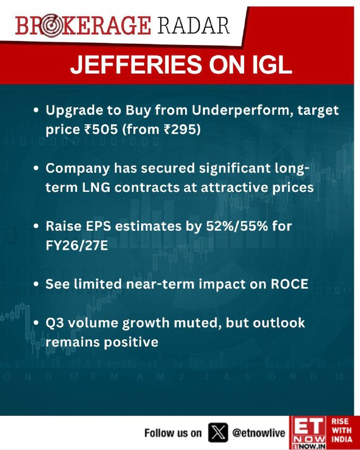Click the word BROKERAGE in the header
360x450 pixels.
[x=83, y=26]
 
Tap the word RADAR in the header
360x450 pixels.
[x=193, y=26]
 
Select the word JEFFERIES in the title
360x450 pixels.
[x=136, y=64]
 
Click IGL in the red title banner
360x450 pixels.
[x=272, y=64]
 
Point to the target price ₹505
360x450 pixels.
[x=101, y=129]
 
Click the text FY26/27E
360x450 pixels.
[x=76, y=246]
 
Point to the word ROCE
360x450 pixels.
[x=289, y=284]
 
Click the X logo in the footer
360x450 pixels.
[x=218, y=432]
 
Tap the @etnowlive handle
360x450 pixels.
[x=258, y=433]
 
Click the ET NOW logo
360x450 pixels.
[x=308, y=433]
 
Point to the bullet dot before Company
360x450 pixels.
[x=36, y=168]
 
